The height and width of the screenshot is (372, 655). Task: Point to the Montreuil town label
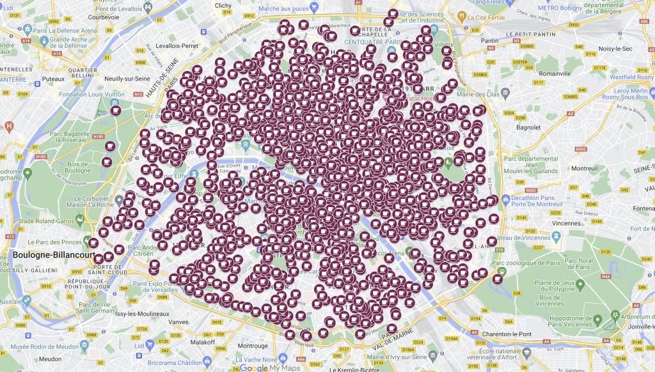click(x=584, y=168)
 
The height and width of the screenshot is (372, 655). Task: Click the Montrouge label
click(x=253, y=346)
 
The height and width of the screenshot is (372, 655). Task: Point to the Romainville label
click(x=555, y=74)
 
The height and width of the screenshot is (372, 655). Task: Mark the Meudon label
click(x=50, y=359)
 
